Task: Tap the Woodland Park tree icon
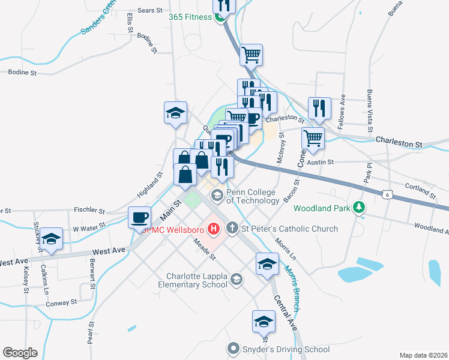(x=360, y=208)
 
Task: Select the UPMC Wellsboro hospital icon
(x=213, y=229)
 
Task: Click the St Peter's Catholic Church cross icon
(x=233, y=228)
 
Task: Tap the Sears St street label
(x=150, y=11)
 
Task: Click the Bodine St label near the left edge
(x=23, y=73)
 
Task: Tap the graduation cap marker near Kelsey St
(x=52, y=239)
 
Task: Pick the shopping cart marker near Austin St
(x=313, y=137)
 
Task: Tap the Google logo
(x=20, y=353)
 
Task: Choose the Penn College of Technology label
(x=251, y=196)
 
